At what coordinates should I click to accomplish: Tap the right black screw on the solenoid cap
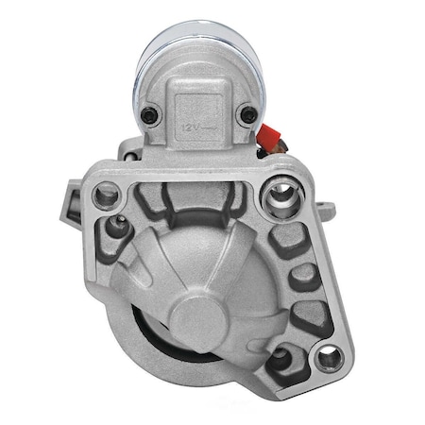coord(247,114)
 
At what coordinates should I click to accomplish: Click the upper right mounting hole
coord(280,197)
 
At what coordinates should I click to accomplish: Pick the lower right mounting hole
coord(327,356)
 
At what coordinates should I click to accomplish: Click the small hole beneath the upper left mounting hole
coord(118,226)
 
